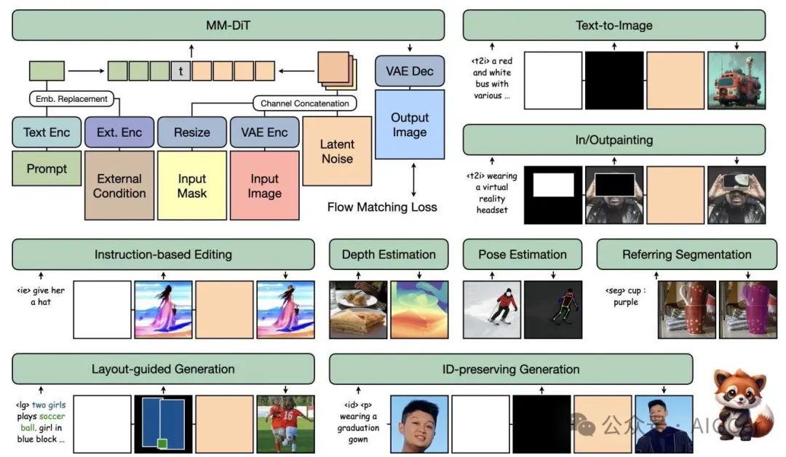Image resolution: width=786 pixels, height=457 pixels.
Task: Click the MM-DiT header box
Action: tap(228, 25)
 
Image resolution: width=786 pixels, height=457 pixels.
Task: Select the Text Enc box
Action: tap(47, 132)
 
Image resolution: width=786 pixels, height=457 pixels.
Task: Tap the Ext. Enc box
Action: tap(119, 132)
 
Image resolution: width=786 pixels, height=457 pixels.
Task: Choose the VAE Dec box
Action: tap(410, 71)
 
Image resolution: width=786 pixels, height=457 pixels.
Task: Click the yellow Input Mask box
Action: tap(192, 186)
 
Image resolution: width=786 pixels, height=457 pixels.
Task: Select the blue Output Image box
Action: tap(410, 124)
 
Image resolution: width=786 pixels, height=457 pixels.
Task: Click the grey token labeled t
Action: tap(180, 71)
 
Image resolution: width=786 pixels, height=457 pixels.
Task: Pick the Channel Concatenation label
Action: tap(305, 103)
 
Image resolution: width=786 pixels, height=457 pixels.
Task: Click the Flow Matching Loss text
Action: tap(382, 207)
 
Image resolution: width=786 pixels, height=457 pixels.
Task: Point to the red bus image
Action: tap(737, 80)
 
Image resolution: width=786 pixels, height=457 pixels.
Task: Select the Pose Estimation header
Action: tap(523, 255)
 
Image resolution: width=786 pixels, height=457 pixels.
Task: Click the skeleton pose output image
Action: tap(553, 309)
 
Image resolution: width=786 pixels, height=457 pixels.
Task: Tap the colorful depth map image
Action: tap(419, 309)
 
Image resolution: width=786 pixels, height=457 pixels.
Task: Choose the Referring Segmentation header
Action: tap(686, 255)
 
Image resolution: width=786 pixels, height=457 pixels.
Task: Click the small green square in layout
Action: tap(162, 443)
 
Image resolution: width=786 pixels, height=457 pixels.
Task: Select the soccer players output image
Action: tap(285, 424)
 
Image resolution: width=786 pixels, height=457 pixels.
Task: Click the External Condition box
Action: tap(119, 186)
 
